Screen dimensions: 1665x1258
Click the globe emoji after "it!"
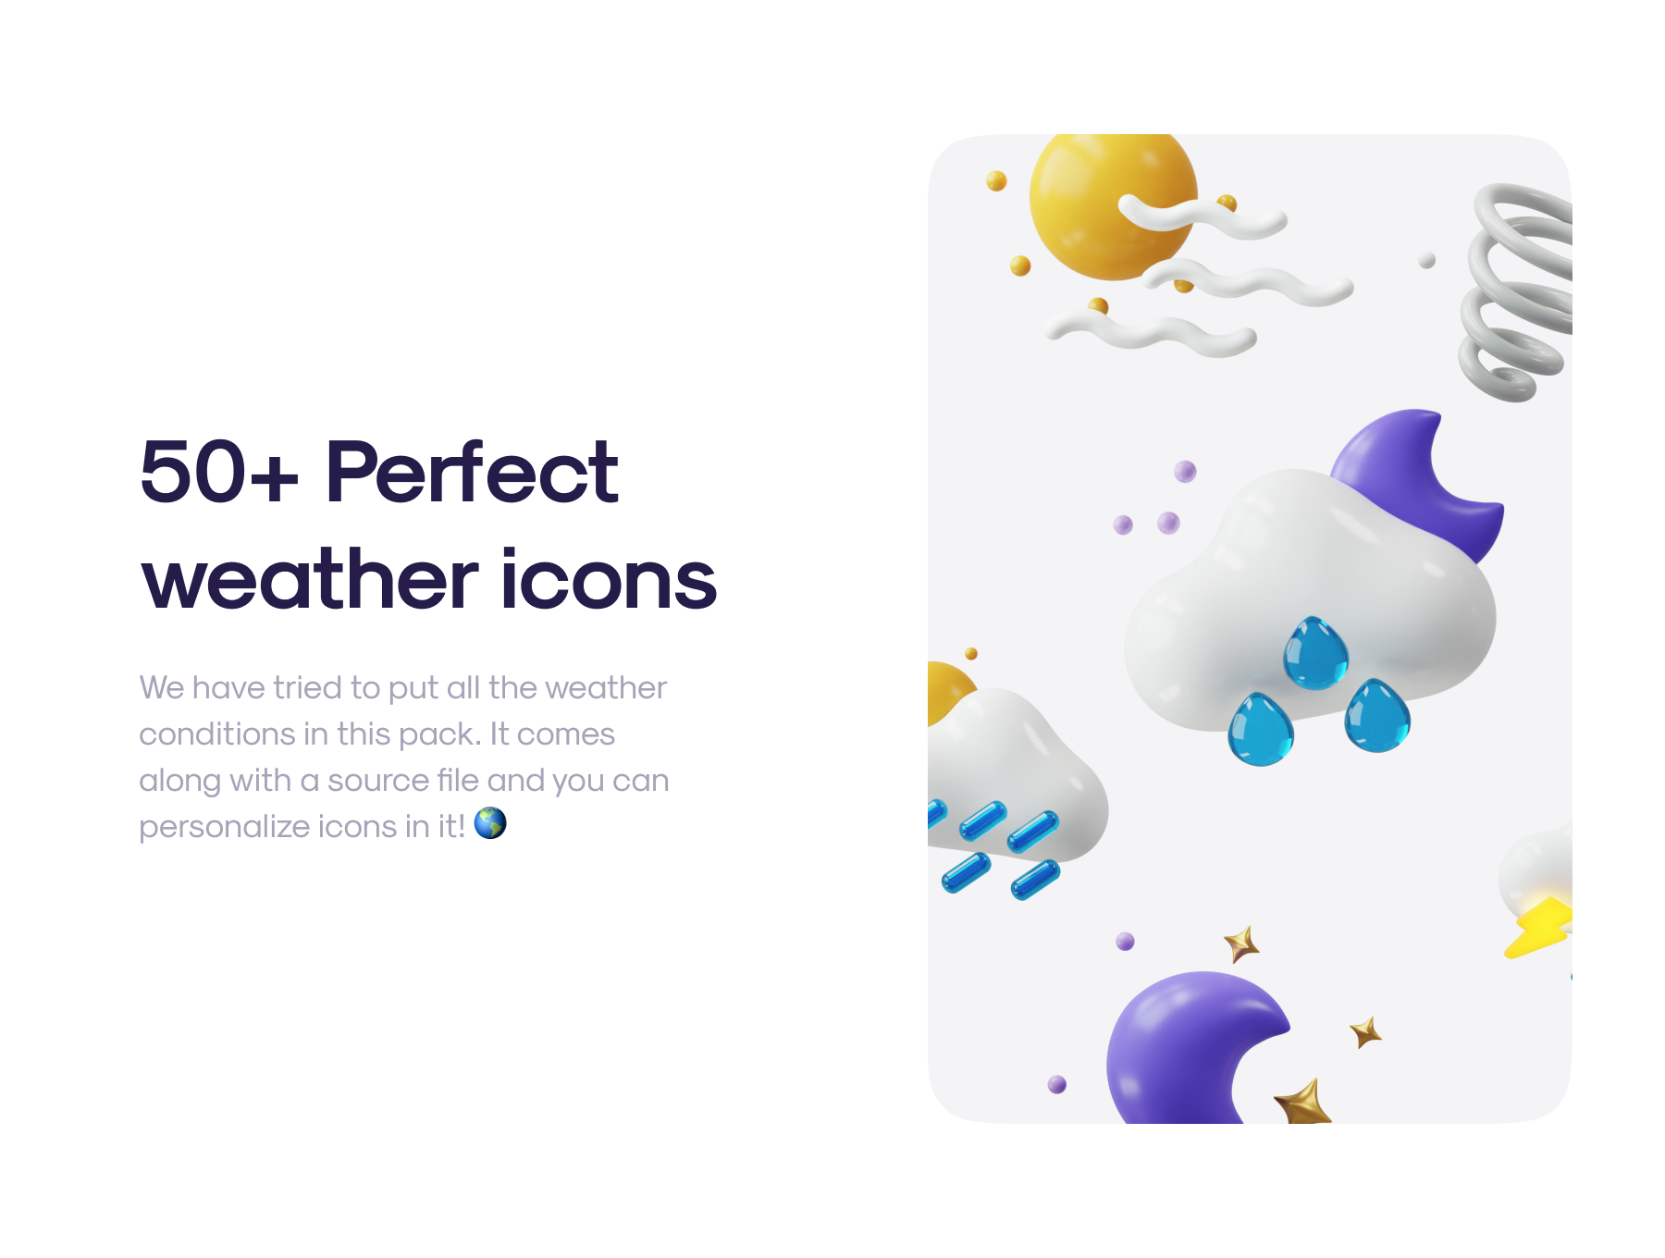click(490, 822)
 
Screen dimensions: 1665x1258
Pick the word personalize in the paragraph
click(224, 826)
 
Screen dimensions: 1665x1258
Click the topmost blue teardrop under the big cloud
click(1315, 652)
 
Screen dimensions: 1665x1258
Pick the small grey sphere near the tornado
click(1427, 261)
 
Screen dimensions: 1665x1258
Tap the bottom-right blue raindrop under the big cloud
click(1377, 716)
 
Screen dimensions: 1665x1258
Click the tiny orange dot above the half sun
click(971, 654)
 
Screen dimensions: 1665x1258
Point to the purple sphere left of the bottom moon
click(1057, 1084)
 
